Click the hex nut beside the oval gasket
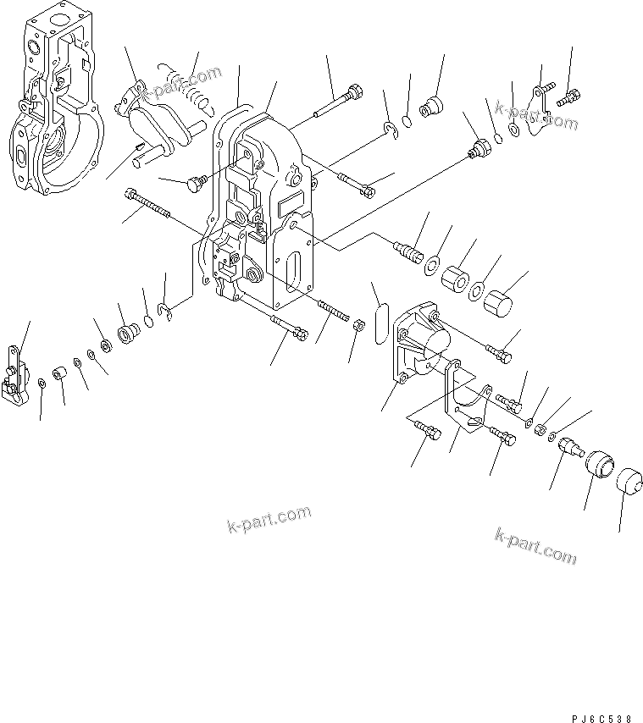pos(358,324)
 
